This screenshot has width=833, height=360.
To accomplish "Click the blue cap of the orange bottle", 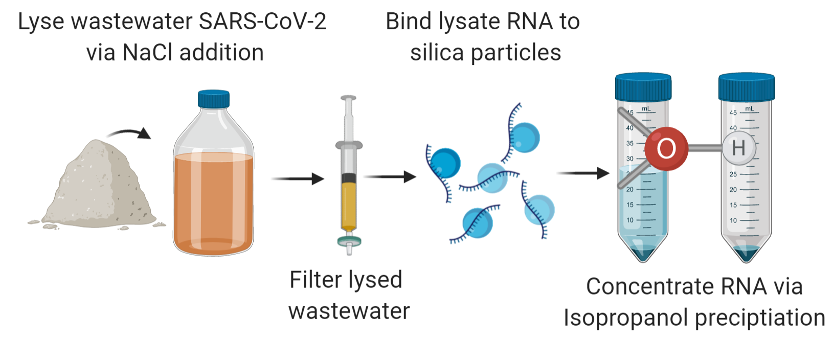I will pyautogui.click(x=213, y=99).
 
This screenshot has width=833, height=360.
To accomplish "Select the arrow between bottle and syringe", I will pyautogui.click(x=297, y=179).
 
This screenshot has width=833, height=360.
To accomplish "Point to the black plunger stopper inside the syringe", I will pyautogui.click(x=349, y=178).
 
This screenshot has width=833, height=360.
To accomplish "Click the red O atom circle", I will pyautogui.click(x=666, y=149).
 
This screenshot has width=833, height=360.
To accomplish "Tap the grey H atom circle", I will pyautogui.click(x=738, y=148).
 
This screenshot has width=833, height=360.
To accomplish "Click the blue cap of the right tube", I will pyautogui.click(x=746, y=87).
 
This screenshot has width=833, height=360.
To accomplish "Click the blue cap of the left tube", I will pyautogui.click(x=643, y=87).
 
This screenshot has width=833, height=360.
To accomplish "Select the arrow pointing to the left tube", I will pyautogui.click(x=583, y=173).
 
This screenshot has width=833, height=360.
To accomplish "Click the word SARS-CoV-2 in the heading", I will pyautogui.click(x=262, y=22).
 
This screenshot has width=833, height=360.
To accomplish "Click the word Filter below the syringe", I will pyautogui.click(x=315, y=280).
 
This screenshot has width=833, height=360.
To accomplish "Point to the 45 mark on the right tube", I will pyautogui.click(x=733, y=113).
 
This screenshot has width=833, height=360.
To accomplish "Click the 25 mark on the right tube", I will pyautogui.click(x=733, y=174).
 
